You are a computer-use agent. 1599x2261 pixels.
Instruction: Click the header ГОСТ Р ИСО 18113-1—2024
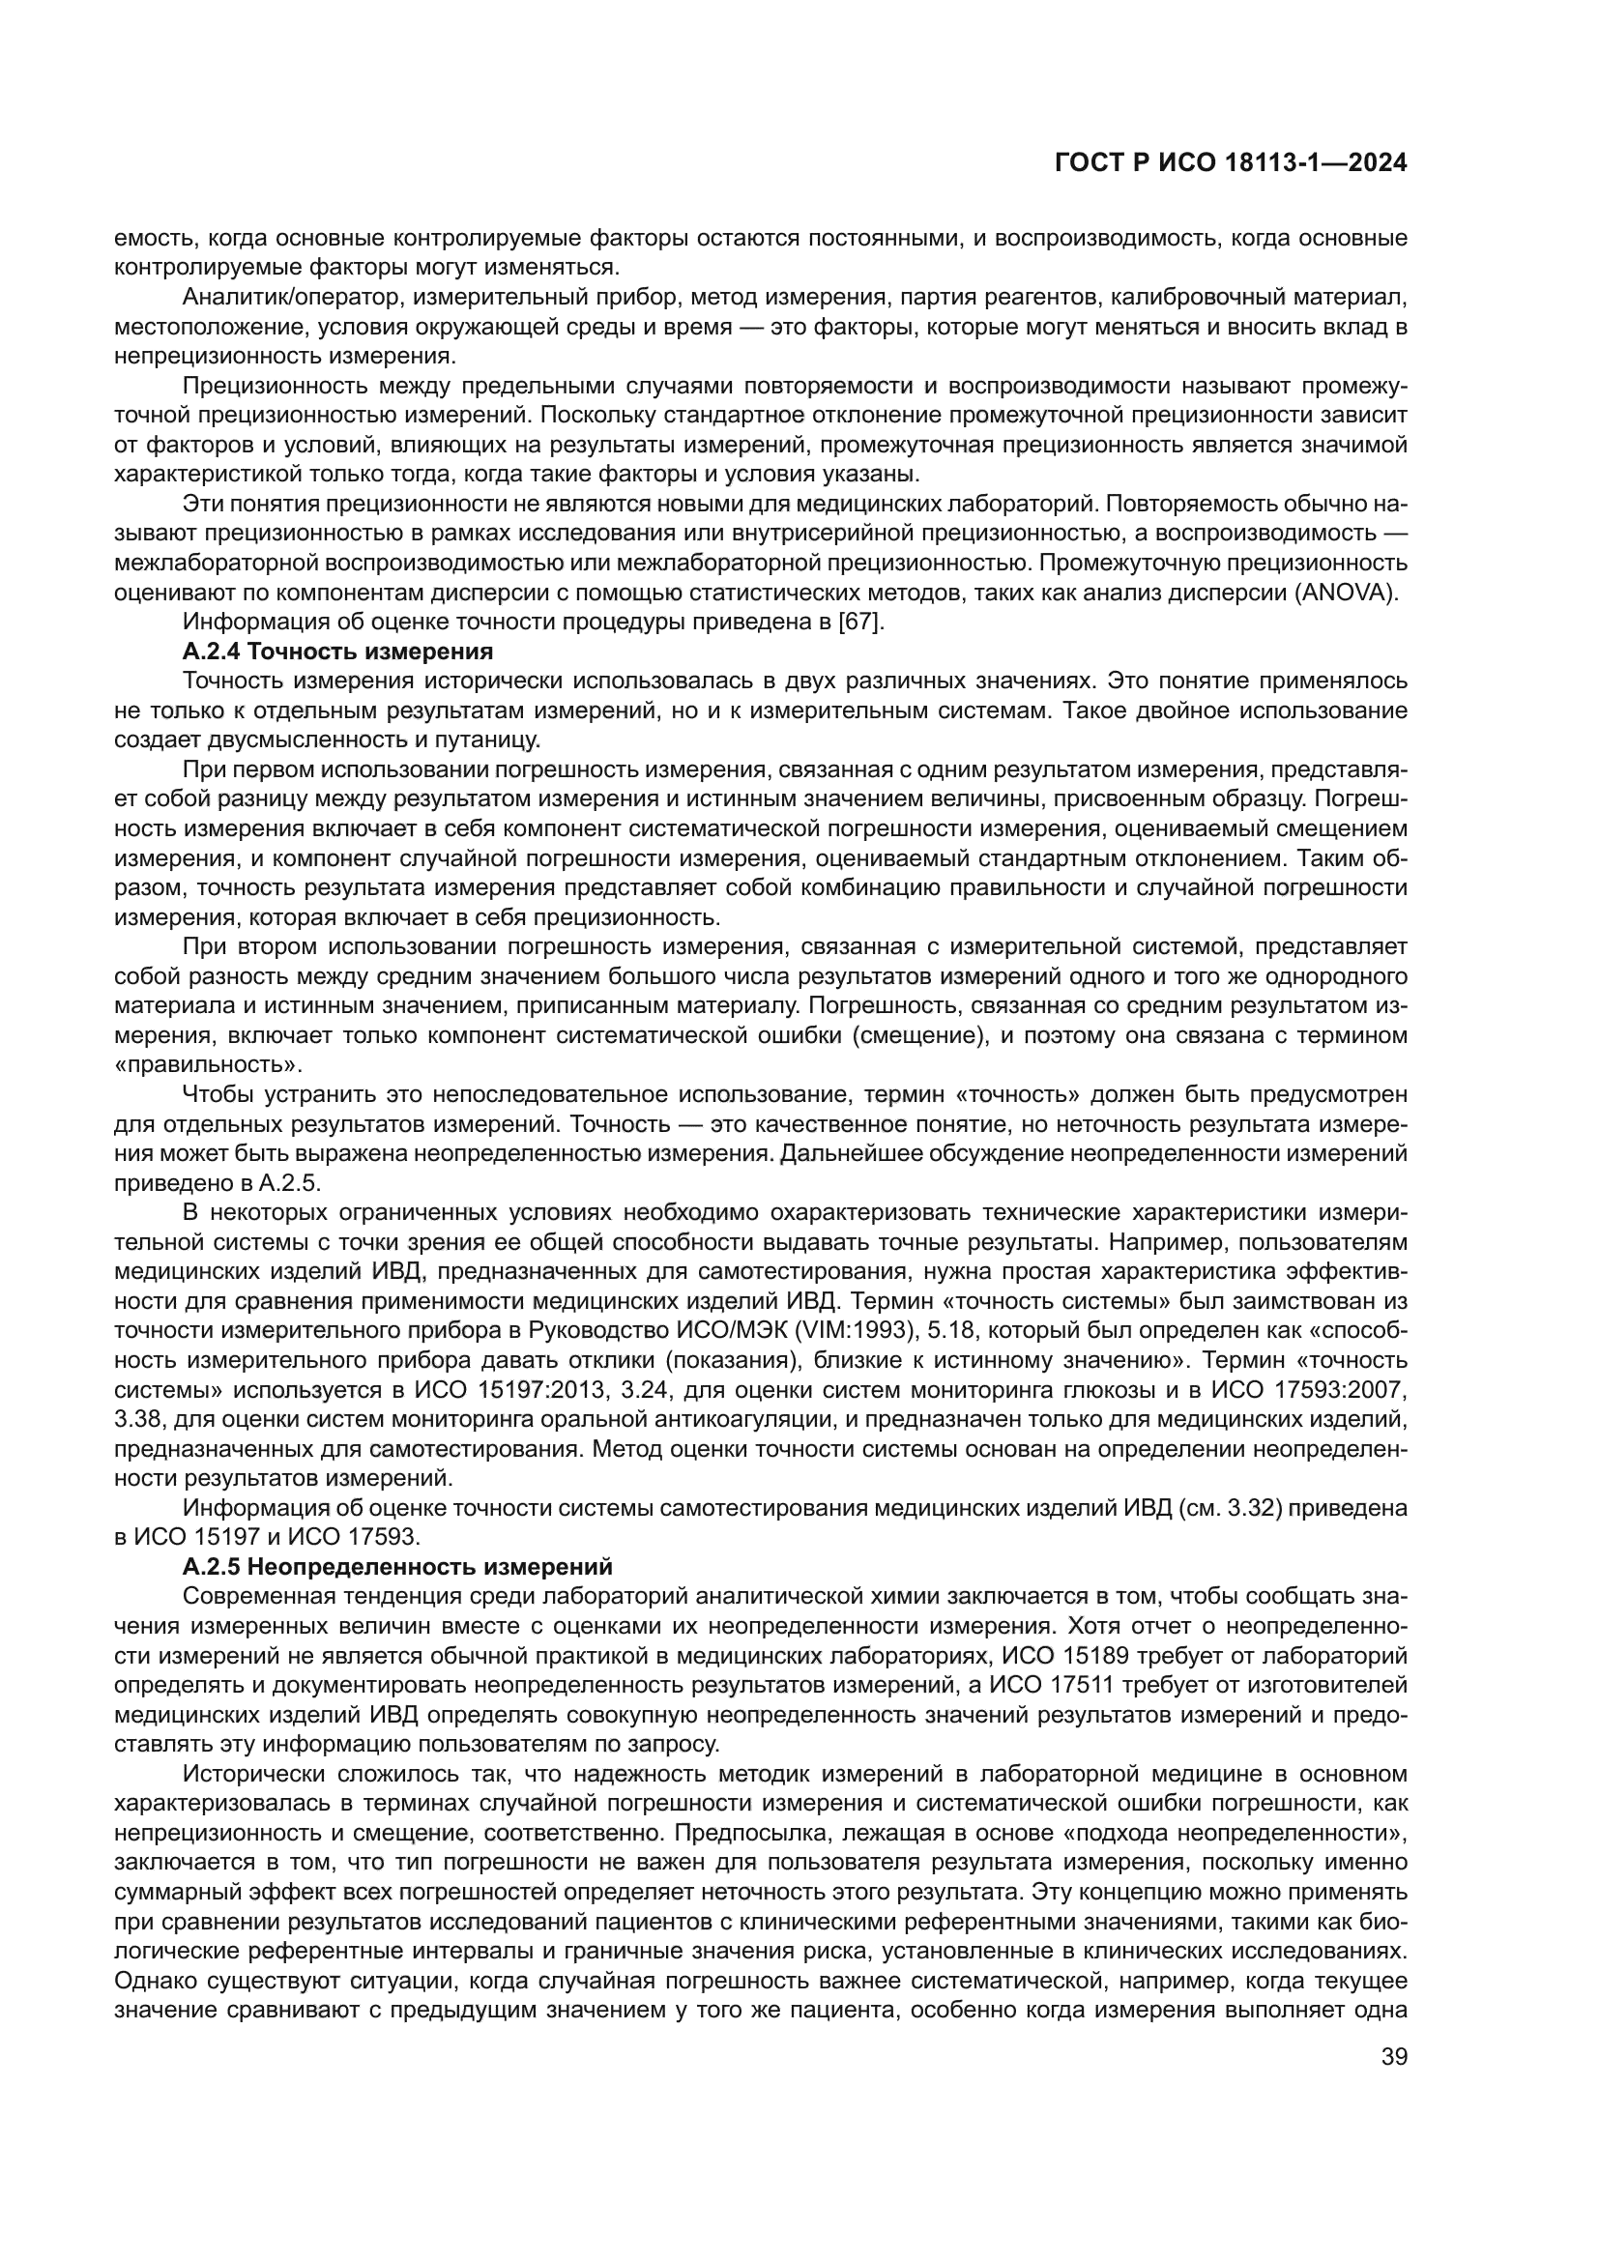1230,163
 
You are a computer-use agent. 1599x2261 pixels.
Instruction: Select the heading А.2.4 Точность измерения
337,651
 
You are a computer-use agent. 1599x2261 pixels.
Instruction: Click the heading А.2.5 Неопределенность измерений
397,1567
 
